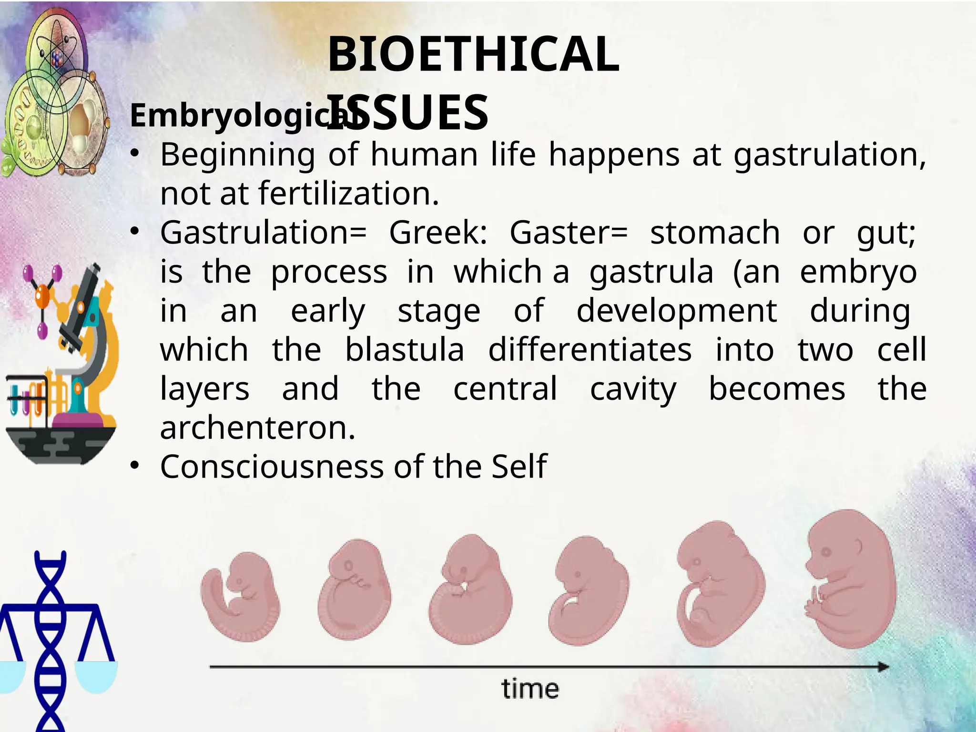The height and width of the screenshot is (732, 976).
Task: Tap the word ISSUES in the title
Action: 409,113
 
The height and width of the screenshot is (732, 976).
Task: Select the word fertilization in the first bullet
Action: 348,193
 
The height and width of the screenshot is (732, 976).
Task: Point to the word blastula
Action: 405,350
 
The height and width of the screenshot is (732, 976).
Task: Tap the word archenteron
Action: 257,428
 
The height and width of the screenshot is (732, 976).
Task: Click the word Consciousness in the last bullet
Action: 272,467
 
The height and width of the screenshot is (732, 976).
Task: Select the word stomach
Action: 715,233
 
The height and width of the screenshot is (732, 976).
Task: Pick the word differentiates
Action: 590,350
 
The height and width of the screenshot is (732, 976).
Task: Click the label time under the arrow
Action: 530,690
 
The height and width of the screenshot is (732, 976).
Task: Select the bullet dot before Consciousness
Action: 135,466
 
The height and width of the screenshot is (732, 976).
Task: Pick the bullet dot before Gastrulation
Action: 135,232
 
